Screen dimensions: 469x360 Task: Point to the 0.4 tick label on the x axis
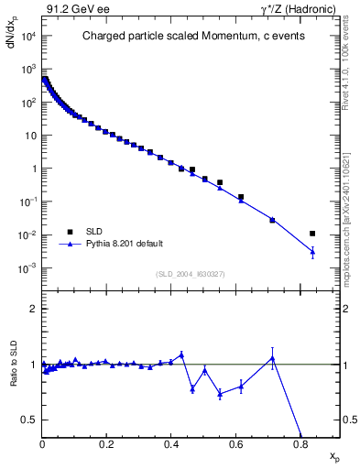[x=171, y=443]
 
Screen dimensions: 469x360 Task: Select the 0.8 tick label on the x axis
[x=300, y=443]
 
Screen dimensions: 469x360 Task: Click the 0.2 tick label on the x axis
[x=106, y=443]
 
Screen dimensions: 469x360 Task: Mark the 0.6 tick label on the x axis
[x=236, y=443]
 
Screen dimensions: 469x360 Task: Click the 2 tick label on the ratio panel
[x=34, y=309]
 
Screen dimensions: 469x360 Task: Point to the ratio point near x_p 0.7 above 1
[x=272, y=357]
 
